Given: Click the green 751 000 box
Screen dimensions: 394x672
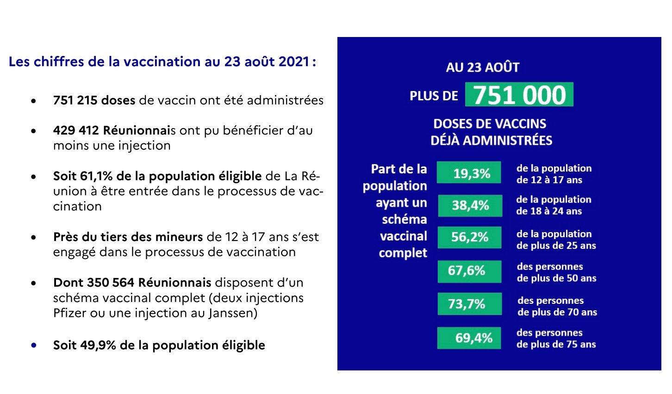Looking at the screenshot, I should coord(519,95).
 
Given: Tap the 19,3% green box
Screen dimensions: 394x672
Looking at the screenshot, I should coord(469,173).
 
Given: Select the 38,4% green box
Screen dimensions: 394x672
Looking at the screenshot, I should coord(470,205).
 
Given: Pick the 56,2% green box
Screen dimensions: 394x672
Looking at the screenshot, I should coord(469,237).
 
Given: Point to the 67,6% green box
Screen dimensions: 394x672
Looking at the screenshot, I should coord(469,271).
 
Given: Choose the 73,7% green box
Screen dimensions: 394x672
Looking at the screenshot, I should coord(469,304).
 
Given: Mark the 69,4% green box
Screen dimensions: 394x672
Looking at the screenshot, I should coord(469,338).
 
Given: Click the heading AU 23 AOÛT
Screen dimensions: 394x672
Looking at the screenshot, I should coord(482,68).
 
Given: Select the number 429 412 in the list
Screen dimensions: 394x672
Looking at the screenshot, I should coord(76,130).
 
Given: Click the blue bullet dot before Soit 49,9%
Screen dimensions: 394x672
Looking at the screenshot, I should coord(33,345).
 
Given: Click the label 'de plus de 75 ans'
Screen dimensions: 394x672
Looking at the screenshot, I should coord(556,345).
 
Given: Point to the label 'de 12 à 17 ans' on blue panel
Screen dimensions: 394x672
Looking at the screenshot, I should coord(549,180).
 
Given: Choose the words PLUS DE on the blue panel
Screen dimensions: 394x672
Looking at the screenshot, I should coord(434,96).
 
